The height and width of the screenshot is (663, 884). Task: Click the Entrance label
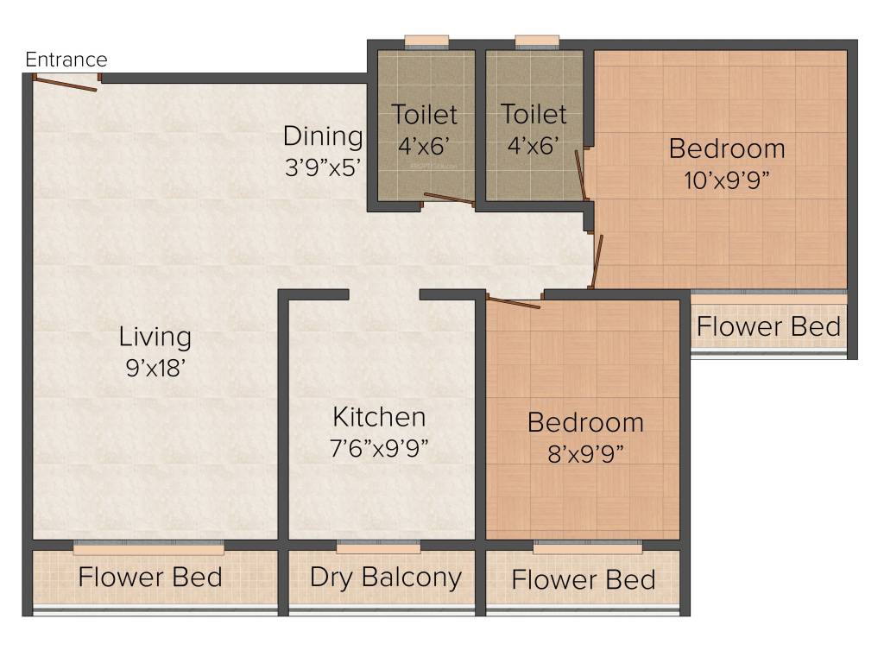tap(66, 60)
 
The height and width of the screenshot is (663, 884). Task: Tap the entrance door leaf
tap(66, 84)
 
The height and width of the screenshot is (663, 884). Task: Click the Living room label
tap(155, 336)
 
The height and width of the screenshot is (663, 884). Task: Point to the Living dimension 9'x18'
tap(155, 367)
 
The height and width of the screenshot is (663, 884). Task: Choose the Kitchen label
tap(379, 417)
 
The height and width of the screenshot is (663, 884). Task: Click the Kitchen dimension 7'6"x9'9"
tap(380, 448)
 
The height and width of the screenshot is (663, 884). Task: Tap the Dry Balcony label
tap(385, 578)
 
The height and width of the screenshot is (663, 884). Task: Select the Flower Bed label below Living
tap(150, 577)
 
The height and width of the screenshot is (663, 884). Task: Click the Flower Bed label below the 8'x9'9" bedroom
tap(584, 579)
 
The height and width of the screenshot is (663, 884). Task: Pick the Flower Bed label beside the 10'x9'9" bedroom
tap(768, 327)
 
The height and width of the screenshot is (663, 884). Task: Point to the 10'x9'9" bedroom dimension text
tap(727, 179)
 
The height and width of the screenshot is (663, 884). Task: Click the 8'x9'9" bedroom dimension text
tap(585, 453)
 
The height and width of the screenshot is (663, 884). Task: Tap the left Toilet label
tap(424, 114)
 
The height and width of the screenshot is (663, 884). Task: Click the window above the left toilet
tap(426, 41)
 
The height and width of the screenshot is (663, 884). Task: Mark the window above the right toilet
tap(537, 41)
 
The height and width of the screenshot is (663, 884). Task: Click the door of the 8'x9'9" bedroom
tap(514, 302)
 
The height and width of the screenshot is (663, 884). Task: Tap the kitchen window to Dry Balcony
tap(378, 548)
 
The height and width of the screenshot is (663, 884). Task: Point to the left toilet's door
tap(448, 200)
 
